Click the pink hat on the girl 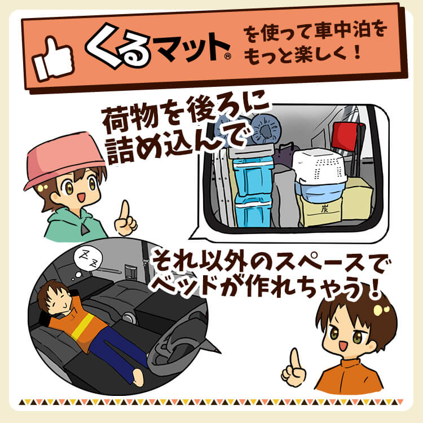click(x=64, y=159)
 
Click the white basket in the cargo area click(x=319, y=165)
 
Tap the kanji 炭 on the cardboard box click(x=324, y=209)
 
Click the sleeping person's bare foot click(x=140, y=376)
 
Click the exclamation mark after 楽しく click(x=358, y=52)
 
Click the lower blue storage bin click(x=253, y=211)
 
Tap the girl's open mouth click(x=81, y=197)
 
